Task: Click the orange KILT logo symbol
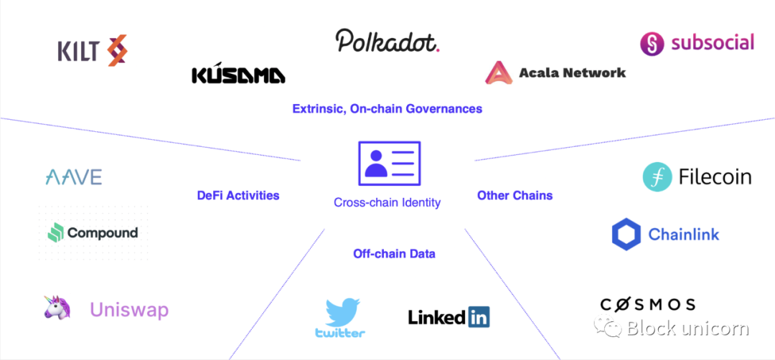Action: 117,51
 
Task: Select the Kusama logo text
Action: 238,75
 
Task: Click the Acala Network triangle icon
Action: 497,73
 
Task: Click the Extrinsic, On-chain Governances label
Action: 387,109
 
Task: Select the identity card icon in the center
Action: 389,164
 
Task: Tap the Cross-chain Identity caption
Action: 387,203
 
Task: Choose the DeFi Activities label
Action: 238,195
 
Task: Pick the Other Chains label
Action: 515,195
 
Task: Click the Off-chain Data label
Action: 394,253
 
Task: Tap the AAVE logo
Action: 73,177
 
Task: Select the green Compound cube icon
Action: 56,232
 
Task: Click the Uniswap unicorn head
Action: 57,308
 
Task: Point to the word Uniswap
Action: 129,310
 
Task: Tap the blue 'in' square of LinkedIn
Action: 479,316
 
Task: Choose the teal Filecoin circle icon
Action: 657,177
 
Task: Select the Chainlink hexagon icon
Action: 626,235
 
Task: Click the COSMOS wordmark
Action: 648,304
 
